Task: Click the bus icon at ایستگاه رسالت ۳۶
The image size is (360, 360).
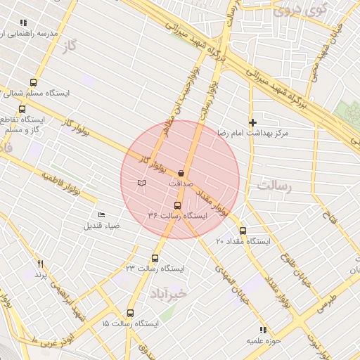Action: tap(176, 206)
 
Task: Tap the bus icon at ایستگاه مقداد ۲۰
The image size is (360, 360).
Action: tap(243, 231)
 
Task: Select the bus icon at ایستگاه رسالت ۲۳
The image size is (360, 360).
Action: tap(155, 258)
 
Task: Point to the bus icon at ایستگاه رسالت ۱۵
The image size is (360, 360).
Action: tap(130, 313)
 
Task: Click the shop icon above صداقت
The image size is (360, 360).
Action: tap(181, 172)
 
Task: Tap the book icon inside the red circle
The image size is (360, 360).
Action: tap(142, 183)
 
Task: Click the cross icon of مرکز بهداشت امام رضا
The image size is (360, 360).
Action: tap(253, 122)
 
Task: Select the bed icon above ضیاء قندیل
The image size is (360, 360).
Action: tap(102, 214)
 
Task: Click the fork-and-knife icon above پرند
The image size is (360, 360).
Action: tap(40, 264)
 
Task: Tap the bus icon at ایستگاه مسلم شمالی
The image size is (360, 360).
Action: tap(34, 82)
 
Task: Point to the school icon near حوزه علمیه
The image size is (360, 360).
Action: tap(262, 329)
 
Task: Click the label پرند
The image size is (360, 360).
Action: tap(40, 274)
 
